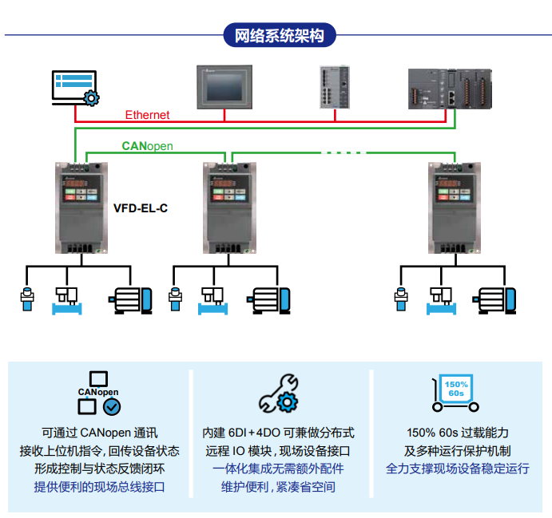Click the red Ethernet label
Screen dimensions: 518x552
point(147,115)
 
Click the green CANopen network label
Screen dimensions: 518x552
point(147,146)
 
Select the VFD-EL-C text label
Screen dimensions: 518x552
point(141,208)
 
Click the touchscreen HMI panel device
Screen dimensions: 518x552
point(224,85)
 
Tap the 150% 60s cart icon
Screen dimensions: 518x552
point(455,394)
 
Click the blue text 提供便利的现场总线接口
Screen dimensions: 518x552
point(99,486)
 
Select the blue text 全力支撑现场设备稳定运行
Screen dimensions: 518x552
point(457,469)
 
